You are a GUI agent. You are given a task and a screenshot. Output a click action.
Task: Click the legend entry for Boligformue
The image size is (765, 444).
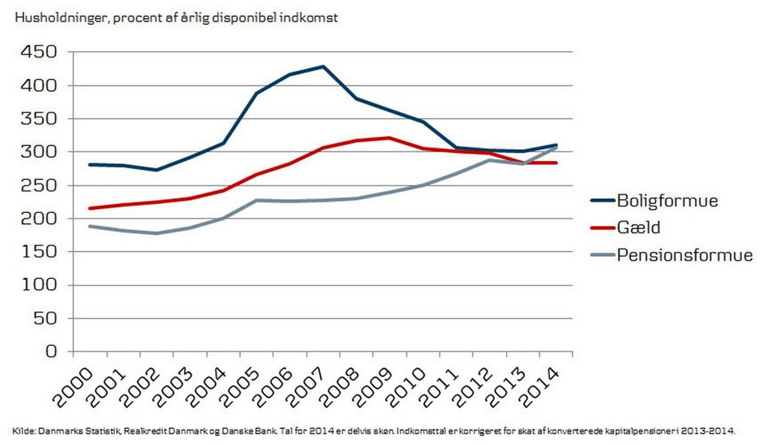pos(668,200)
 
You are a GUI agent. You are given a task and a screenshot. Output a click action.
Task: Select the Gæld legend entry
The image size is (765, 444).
pos(638,228)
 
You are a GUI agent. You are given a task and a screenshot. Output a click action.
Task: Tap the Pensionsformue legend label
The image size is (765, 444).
pos(685,255)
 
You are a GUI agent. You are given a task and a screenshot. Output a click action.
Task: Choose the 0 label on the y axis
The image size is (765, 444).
pos(50,352)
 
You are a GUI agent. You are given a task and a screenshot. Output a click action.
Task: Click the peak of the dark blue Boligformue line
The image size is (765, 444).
pos(324,66)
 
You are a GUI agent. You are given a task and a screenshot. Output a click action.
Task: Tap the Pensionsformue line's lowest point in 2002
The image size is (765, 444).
pos(157,234)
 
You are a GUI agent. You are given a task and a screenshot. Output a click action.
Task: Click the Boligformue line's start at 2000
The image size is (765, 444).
pos(89,164)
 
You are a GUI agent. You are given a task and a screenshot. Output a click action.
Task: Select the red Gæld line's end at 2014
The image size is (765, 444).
pos(557,163)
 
